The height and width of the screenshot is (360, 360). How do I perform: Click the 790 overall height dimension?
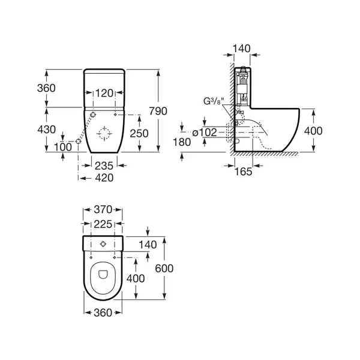[158, 111]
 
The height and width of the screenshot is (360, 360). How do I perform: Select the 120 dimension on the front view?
[104, 93]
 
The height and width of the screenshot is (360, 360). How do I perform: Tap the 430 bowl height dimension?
[47, 130]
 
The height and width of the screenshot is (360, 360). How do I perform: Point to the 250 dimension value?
[139, 133]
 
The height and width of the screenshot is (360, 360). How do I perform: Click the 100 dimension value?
[63, 147]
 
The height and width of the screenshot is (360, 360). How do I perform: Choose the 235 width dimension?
[104, 166]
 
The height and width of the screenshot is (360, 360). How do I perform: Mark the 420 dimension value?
[104, 178]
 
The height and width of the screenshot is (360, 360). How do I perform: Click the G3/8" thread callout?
[213, 101]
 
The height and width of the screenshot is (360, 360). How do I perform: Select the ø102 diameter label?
[205, 133]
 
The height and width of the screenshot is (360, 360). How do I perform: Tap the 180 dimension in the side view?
[182, 142]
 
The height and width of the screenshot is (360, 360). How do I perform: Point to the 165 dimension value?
[244, 172]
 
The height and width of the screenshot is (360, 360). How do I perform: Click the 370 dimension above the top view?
[103, 209]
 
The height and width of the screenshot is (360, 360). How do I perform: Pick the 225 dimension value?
[103, 224]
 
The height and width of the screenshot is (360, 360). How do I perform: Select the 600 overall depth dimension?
[164, 268]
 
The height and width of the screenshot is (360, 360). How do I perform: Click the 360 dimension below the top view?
[103, 313]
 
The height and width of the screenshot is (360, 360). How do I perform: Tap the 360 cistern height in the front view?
[46, 88]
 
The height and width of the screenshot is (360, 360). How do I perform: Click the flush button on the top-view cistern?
[103, 244]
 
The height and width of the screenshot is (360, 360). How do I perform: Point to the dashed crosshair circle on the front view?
[104, 133]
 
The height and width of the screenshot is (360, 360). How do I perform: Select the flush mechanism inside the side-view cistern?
[242, 86]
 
